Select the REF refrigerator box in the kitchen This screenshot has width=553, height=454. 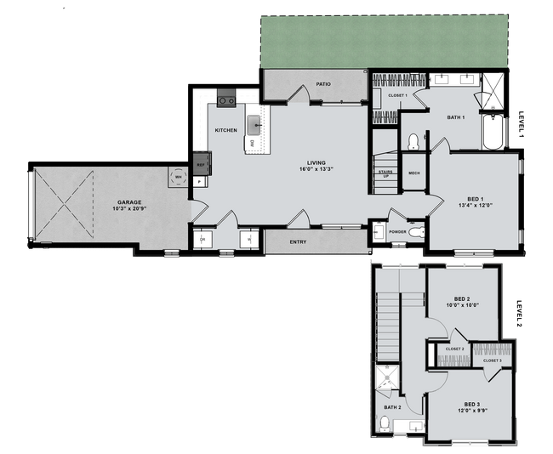tap(201, 163)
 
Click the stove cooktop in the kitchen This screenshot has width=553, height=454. tap(226, 100)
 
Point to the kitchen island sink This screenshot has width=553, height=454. tap(254, 126)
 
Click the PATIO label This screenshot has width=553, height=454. tap(322, 84)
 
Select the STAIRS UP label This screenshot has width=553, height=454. tap(385, 173)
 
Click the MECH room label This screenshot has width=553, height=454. tap(414, 173)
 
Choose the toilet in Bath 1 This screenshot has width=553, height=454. tap(413, 140)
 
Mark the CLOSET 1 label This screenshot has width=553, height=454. tap(398, 95)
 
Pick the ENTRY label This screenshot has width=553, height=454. tap(298, 241)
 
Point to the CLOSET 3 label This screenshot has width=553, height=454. tap(492, 360)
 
